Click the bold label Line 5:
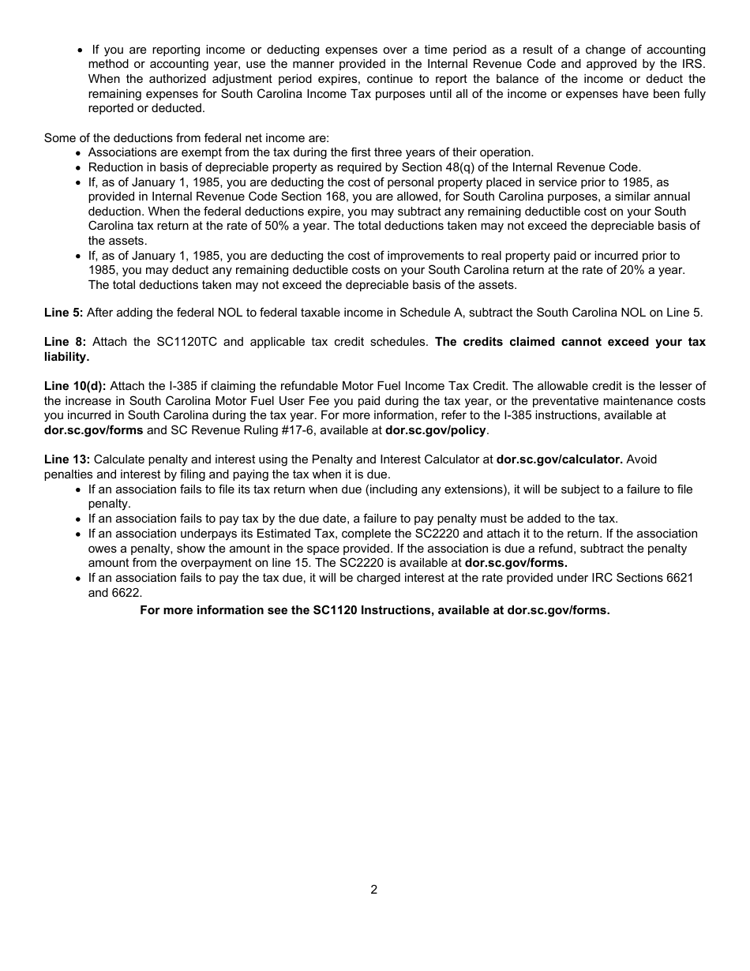coord(62,313)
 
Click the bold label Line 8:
coord(64,342)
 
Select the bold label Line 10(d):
coord(74,386)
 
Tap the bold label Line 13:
coord(66,459)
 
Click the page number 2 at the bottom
coord(373,890)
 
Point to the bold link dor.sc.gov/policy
coord(436,430)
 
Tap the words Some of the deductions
coord(106,137)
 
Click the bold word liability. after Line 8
coord(66,357)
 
